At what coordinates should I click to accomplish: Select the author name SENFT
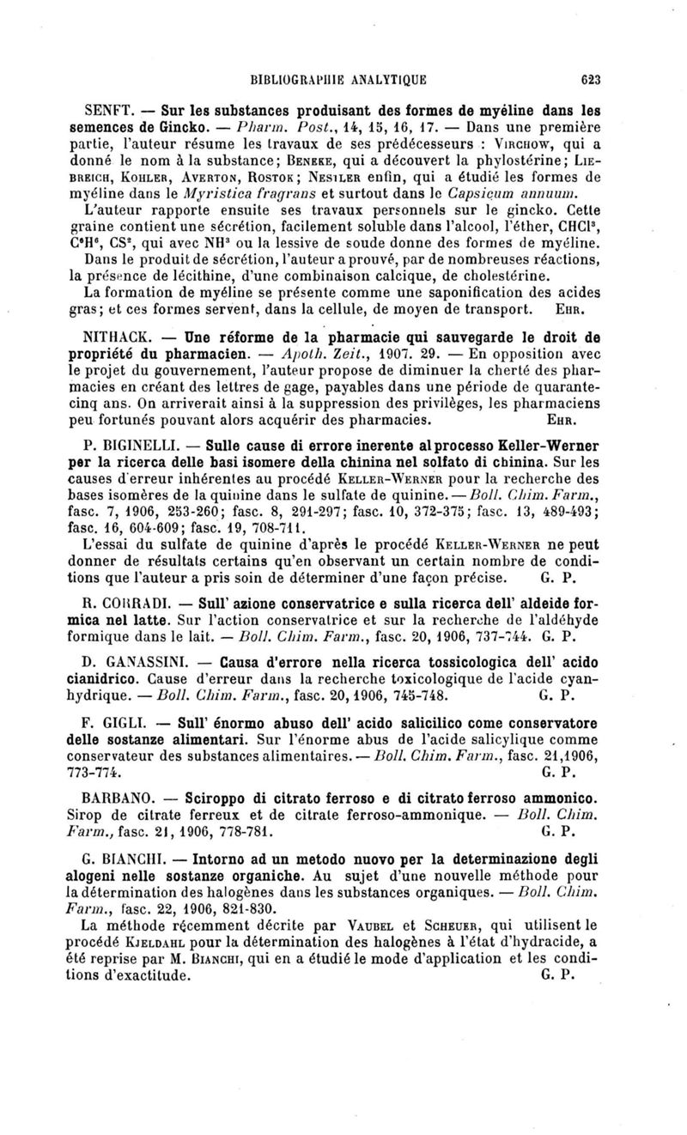(106, 112)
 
